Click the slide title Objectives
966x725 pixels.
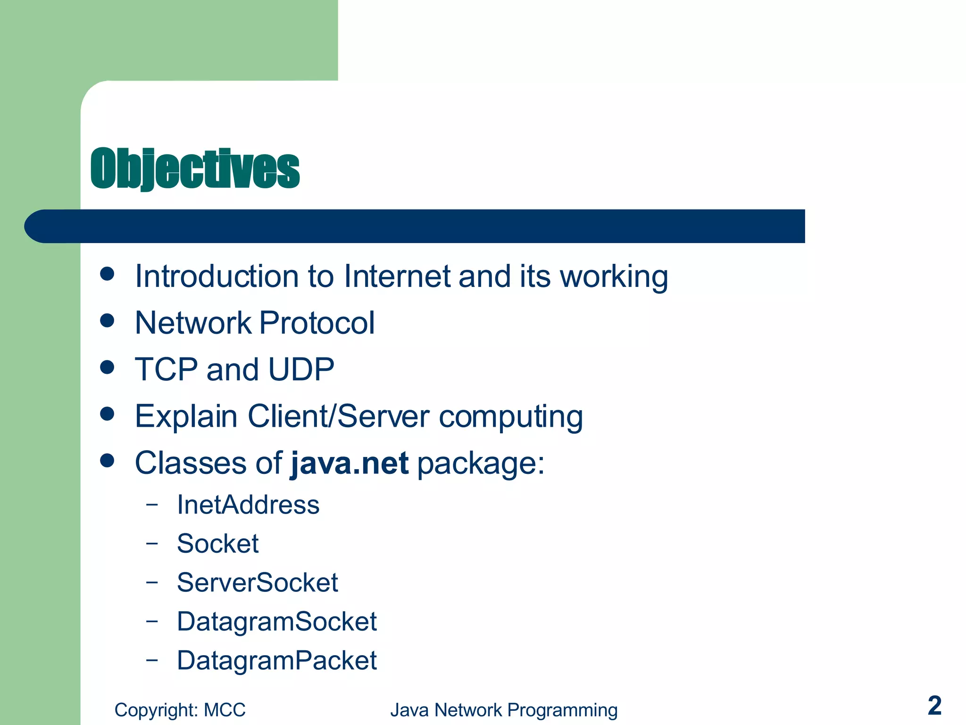tap(195, 169)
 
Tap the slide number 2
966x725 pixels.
tap(934, 706)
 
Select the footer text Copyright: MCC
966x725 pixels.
tap(180, 710)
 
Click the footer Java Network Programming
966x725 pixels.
tap(504, 710)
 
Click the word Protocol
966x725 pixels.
tap(317, 323)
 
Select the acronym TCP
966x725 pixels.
tap(166, 369)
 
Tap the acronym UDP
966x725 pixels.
tap(301, 369)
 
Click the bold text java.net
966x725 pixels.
tap(350, 463)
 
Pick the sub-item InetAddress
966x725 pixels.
tap(248, 505)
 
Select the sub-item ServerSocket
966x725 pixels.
tap(257, 582)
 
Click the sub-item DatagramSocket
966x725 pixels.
tap(277, 621)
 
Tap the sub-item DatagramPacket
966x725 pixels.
tap(277, 660)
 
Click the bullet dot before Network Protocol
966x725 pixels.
tap(108, 321)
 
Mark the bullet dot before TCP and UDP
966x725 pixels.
tap(108, 367)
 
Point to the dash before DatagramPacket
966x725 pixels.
tap(151, 659)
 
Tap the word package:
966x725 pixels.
tap(481, 464)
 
